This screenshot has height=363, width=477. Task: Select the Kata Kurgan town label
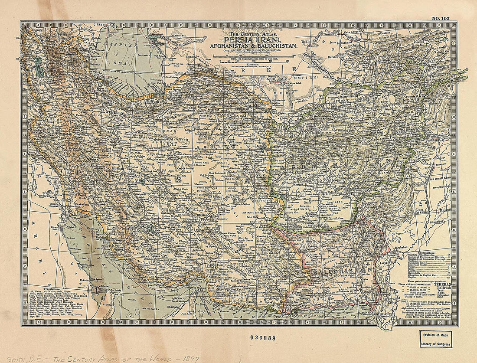pyautogui.click(x=353, y=33)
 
